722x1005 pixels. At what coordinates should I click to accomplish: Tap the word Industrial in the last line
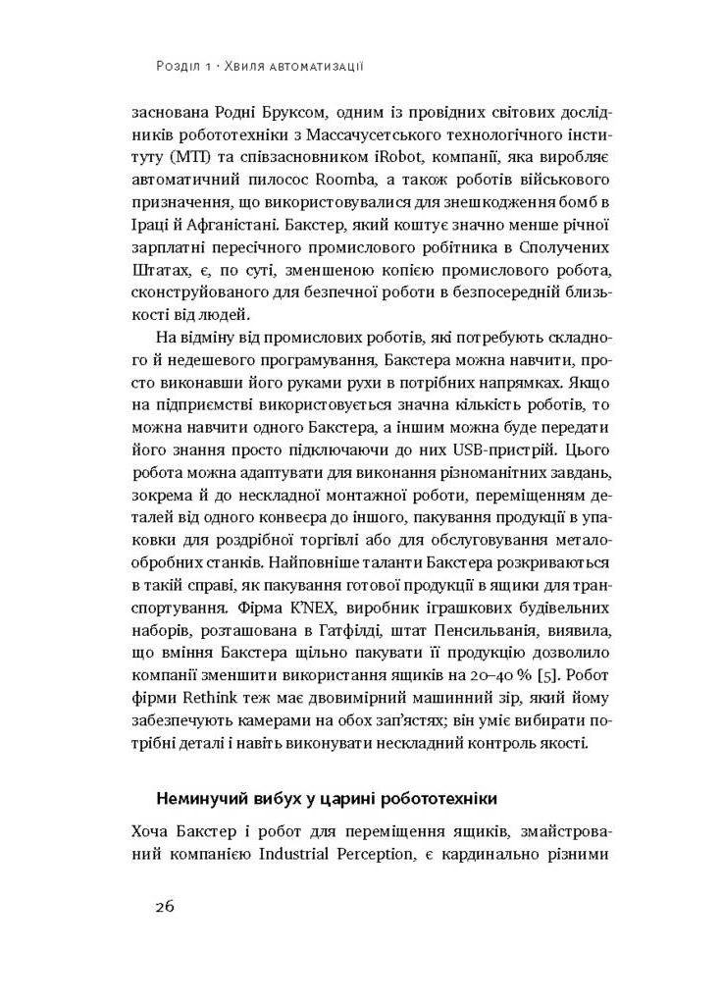click(303, 855)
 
